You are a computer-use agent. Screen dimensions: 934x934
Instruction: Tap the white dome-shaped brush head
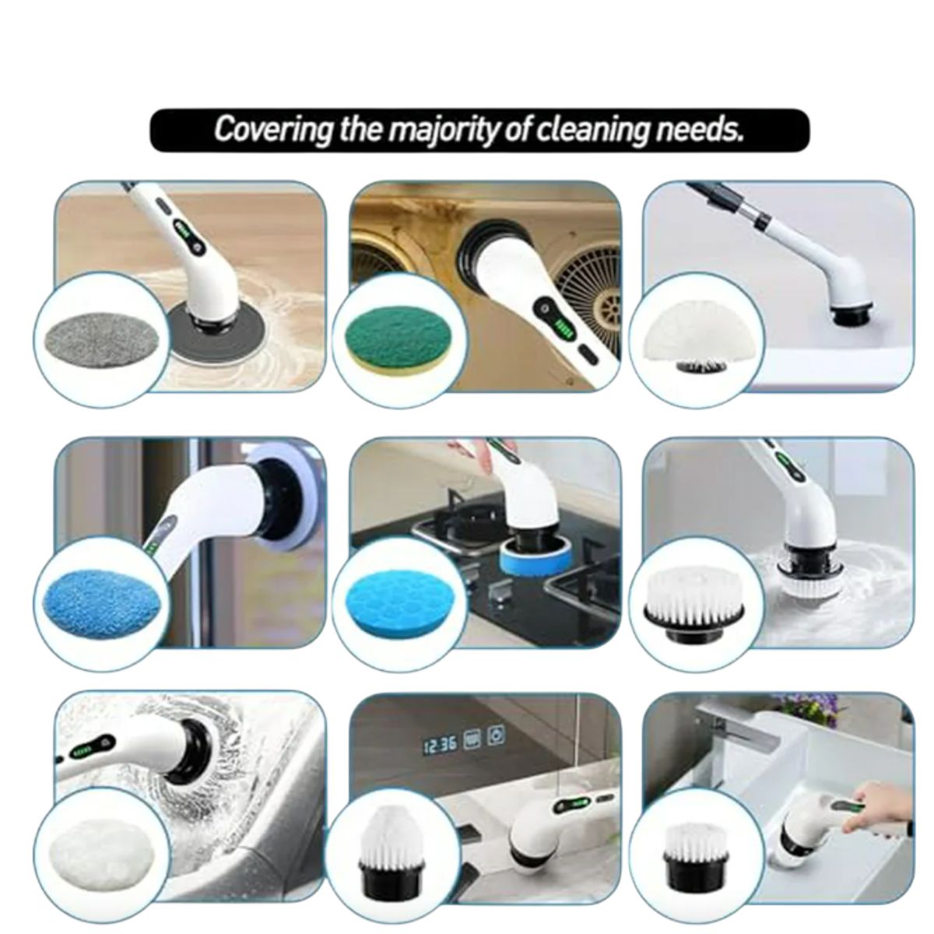point(693,333)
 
